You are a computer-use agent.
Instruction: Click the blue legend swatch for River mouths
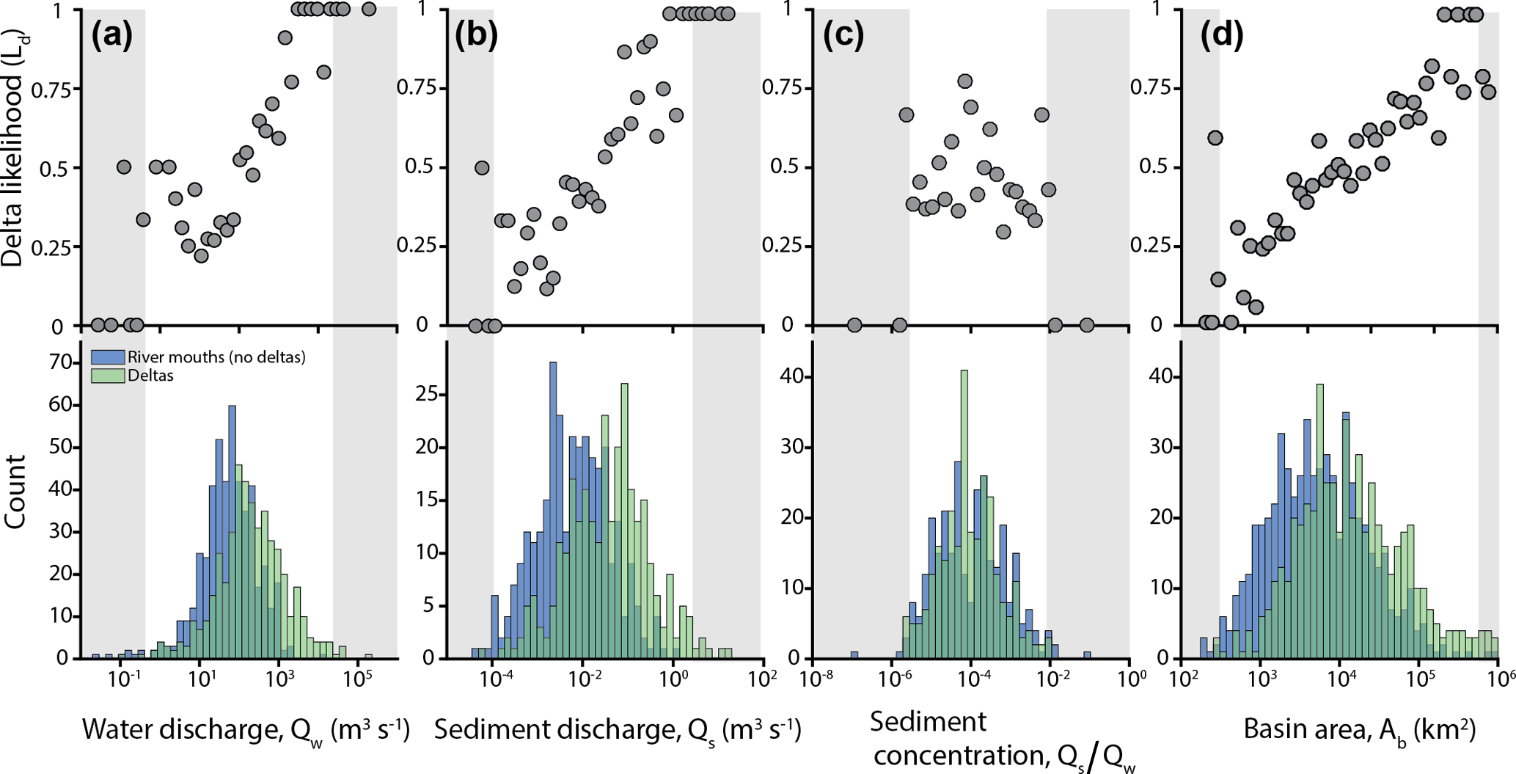(108, 357)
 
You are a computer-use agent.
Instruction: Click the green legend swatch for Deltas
(108, 376)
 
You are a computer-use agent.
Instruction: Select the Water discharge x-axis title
(246, 731)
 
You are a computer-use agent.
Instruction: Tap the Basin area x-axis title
(1360, 731)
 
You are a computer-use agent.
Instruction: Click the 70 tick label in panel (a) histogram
(60, 362)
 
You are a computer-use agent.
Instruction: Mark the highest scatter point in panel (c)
(965, 81)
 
